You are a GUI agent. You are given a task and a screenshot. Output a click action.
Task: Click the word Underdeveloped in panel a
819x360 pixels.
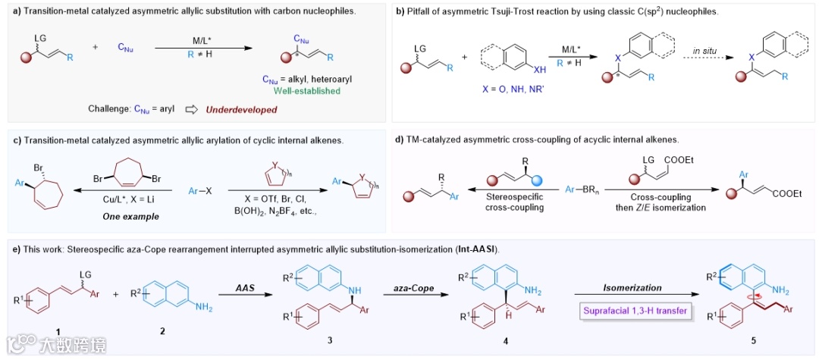(241, 109)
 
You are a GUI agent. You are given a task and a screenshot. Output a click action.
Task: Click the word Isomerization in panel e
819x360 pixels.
(632, 288)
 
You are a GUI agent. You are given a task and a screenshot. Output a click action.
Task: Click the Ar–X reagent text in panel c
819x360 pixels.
(198, 183)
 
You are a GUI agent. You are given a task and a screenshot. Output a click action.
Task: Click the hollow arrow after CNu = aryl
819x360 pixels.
(192, 109)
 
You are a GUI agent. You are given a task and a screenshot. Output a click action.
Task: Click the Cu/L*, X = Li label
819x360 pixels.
(124, 202)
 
